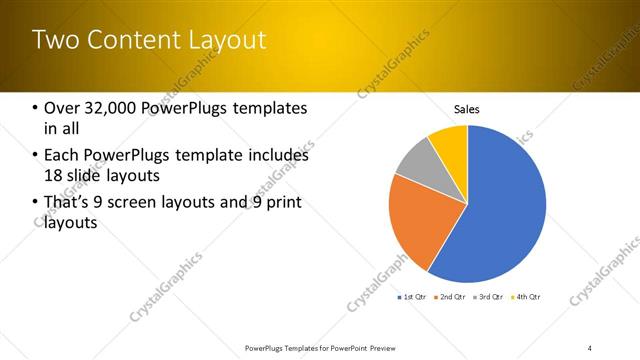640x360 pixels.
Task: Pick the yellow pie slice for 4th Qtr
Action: (x=450, y=140)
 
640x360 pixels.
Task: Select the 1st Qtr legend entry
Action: (x=412, y=297)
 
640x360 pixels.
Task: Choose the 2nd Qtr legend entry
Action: (x=449, y=297)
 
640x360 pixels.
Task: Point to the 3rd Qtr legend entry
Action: (x=487, y=297)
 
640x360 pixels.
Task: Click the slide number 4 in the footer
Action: (x=589, y=347)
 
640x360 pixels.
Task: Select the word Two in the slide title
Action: (x=54, y=40)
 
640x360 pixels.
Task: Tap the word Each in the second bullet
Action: (x=63, y=156)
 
